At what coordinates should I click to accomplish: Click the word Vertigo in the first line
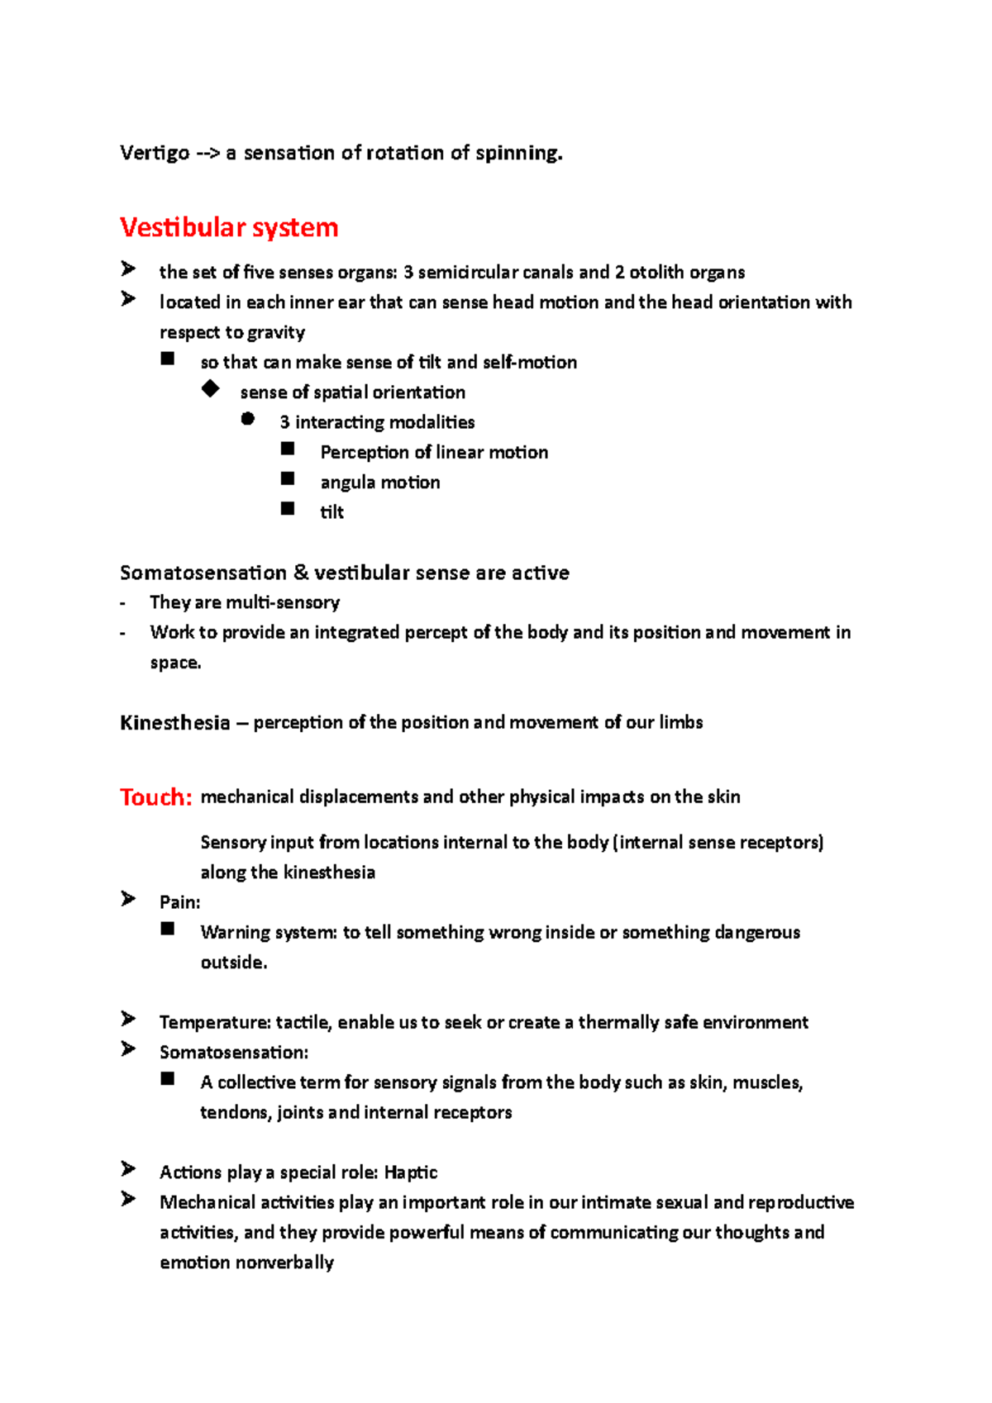pos(154,153)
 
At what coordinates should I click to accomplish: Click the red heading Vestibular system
pos(229,227)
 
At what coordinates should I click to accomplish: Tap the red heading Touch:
pos(155,797)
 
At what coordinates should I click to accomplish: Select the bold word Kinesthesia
pos(174,723)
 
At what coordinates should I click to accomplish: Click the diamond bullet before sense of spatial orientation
pos(210,388)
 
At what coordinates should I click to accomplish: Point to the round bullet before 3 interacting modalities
pos(248,419)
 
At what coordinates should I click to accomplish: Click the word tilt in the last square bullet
pos(331,512)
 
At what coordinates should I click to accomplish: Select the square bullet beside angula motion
pos(288,479)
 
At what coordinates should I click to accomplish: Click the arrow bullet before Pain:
pos(128,898)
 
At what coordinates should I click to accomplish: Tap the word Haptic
pos(411,1172)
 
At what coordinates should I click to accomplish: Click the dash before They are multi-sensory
pos(123,603)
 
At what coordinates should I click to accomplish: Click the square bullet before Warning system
pos(168,929)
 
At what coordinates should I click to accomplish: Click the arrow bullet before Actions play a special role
pos(128,1168)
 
